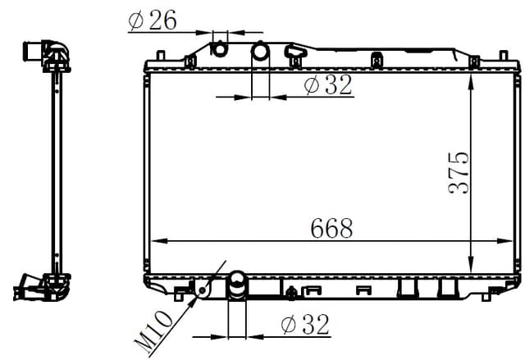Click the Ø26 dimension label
153,21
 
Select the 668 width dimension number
331,229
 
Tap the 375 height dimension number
459,173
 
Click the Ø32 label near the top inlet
328,84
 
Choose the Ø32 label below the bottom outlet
305,324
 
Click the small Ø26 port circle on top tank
220,49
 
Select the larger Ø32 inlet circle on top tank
260,51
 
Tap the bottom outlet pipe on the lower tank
237,285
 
